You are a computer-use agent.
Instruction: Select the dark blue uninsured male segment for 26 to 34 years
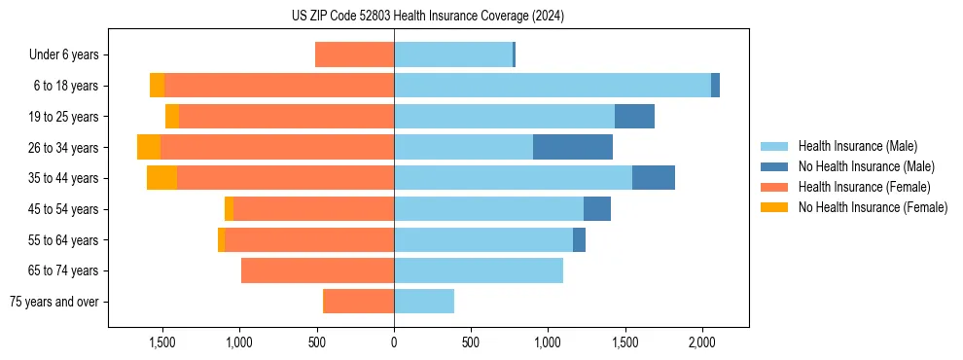pyautogui.click(x=572, y=147)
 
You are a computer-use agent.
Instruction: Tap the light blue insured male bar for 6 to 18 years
pyautogui.click(x=552, y=86)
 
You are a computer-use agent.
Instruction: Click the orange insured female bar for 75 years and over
pyautogui.click(x=358, y=302)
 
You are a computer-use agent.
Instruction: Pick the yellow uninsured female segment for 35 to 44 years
pyautogui.click(x=161, y=178)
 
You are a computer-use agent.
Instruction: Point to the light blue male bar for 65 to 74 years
pyautogui.click(x=478, y=270)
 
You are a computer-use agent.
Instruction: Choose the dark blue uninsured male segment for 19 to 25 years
pyautogui.click(x=634, y=117)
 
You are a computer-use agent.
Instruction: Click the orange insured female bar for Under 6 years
pyautogui.click(x=354, y=54)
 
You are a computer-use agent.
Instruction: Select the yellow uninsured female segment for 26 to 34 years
pyautogui.click(x=149, y=147)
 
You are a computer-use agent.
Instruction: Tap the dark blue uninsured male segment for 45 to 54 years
pyautogui.click(x=596, y=209)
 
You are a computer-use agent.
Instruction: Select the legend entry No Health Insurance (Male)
pyautogui.click(x=866, y=166)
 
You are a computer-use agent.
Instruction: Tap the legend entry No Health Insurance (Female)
pyautogui.click(x=873, y=207)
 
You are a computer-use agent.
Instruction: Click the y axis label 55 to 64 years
pyautogui.click(x=65, y=240)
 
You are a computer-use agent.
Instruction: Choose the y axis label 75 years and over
pyautogui.click(x=54, y=302)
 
